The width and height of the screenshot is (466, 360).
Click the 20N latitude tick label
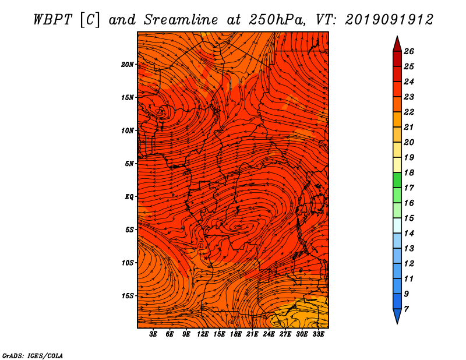(128, 65)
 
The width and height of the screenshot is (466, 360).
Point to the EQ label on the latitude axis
(129, 197)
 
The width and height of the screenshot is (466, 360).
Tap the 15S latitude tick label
(128, 296)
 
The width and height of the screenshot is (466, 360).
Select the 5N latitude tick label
(129, 164)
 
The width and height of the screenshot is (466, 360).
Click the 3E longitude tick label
(153, 334)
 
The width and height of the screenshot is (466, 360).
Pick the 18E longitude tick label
(235, 334)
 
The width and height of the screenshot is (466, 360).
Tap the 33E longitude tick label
(318, 334)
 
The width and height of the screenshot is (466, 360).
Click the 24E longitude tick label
(269, 334)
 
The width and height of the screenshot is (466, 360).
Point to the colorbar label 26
(409, 51)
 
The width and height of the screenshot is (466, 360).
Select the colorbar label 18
(409, 172)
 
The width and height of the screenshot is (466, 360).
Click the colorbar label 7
(406, 309)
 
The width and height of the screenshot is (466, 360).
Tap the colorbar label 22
(409, 112)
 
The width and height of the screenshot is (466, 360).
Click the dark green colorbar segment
(397, 180)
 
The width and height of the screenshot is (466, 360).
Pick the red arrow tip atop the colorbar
(397, 37)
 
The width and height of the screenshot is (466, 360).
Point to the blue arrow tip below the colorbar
(397, 323)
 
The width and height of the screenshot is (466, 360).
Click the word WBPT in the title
(52, 20)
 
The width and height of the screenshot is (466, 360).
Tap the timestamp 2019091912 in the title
(389, 20)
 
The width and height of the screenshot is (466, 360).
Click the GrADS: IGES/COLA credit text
(33, 355)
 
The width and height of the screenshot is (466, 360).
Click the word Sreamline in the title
(181, 20)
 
